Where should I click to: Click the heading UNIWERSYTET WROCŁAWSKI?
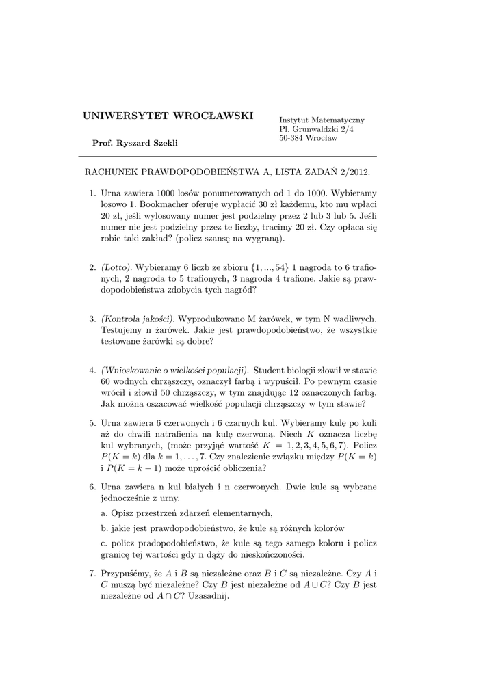(168, 114)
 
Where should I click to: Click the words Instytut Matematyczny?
(322, 119)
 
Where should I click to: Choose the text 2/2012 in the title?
(356, 174)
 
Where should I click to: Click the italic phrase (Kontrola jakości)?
(138, 319)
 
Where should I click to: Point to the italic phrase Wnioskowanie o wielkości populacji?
(175, 370)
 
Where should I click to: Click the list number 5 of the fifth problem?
(92, 423)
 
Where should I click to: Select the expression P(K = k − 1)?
(138, 468)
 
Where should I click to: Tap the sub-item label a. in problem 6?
(104, 513)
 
